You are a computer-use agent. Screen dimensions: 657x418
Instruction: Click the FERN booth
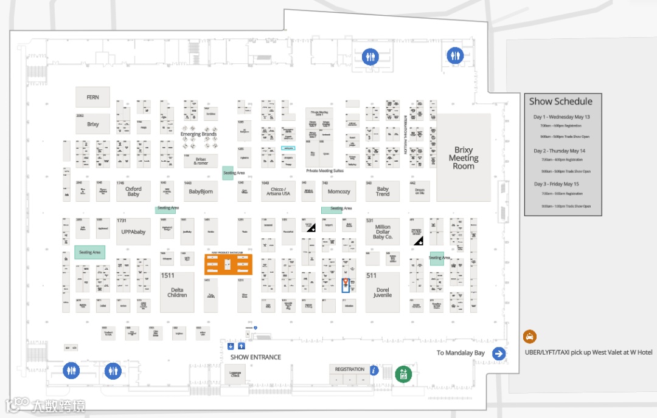click(x=92, y=97)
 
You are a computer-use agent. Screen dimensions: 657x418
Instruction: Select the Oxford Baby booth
click(x=133, y=191)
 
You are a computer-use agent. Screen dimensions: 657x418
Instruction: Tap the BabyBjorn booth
click(x=201, y=191)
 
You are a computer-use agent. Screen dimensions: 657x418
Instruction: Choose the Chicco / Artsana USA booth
click(x=277, y=191)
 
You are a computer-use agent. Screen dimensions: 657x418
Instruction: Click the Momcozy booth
click(x=339, y=191)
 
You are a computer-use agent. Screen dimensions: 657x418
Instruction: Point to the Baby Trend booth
click(x=383, y=191)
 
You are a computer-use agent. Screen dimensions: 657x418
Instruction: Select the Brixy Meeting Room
click(x=463, y=158)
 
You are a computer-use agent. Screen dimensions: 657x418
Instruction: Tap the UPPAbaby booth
click(x=133, y=231)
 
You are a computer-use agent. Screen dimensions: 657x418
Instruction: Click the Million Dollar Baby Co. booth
click(x=383, y=231)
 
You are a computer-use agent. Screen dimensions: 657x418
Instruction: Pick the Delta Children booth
click(x=177, y=292)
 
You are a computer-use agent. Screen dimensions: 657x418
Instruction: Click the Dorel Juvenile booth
click(x=383, y=292)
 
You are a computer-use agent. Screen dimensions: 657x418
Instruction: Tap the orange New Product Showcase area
click(x=228, y=264)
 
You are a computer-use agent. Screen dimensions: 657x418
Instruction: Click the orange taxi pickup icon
click(x=530, y=337)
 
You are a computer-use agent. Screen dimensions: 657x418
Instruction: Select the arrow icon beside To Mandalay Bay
click(x=499, y=354)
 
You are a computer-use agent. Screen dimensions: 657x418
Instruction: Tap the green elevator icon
click(x=402, y=374)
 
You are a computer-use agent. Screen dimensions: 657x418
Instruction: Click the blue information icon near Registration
click(x=375, y=370)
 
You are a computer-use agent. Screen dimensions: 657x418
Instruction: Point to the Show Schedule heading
click(x=560, y=101)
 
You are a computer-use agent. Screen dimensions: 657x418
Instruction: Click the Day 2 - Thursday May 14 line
click(x=560, y=151)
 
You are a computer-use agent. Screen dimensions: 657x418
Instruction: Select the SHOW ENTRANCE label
click(x=255, y=357)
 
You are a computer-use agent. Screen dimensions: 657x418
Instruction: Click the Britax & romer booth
click(x=201, y=160)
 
